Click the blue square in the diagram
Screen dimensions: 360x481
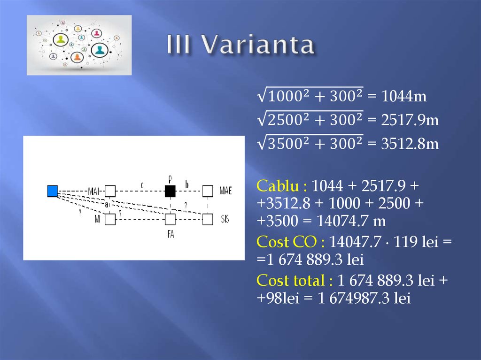pyautogui.click(x=53, y=191)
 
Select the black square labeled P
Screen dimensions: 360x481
pyautogui.click(x=170, y=191)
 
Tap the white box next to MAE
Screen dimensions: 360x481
pyautogui.click(x=208, y=191)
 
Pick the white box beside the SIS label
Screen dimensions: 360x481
pyautogui.click(x=208, y=219)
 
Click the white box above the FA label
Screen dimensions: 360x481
pyautogui.click(x=170, y=219)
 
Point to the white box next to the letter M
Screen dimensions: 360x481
pyautogui.click(x=110, y=219)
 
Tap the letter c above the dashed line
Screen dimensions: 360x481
pyautogui.click(x=142, y=185)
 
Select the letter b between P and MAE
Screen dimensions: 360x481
pyautogui.click(x=187, y=185)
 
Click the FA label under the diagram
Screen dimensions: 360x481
pyautogui.click(x=170, y=234)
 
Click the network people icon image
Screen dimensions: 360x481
pyautogui.click(x=79, y=45)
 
